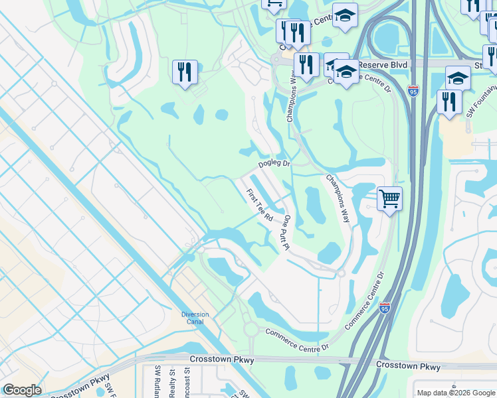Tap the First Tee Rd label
tap(260, 205)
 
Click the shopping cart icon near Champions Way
tap(389, 198)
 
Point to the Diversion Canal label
tap(195, 318)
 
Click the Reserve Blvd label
tap(382, 65)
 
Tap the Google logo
tap(22, 390)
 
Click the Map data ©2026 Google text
tap(454, 392)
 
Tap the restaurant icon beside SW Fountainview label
tap(450, 101)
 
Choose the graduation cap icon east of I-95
tap(458, 78)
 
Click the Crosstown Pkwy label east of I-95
tap(407, 365)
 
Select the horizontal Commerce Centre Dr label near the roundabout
tap(297, 340)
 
